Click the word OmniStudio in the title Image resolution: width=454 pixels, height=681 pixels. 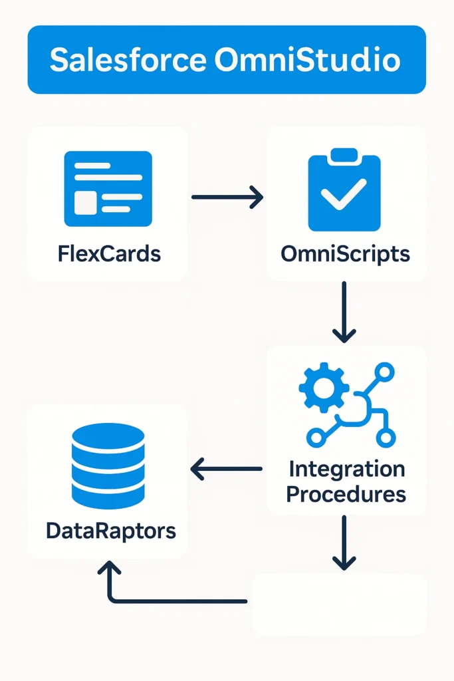click(308, 60)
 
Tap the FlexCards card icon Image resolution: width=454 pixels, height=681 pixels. click(108, 188)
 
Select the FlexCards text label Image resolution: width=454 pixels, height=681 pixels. click(109, 253)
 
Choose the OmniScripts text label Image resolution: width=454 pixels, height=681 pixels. click(345, 253)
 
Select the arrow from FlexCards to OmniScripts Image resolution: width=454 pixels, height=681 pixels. click(227, 197)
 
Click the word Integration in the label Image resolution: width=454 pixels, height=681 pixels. click(346, 469)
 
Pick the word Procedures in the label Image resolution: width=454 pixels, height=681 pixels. click(346, 494)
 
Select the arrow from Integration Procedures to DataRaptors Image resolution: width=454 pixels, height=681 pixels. click(227, 470)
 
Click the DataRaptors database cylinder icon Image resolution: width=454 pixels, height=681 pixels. click(108, 466)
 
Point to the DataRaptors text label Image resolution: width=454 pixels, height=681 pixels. click(111, 531)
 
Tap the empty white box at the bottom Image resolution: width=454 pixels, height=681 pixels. click(339, 604)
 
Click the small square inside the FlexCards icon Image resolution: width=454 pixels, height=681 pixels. click(84, 204)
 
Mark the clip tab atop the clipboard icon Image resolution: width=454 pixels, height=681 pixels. click(344, 155)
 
